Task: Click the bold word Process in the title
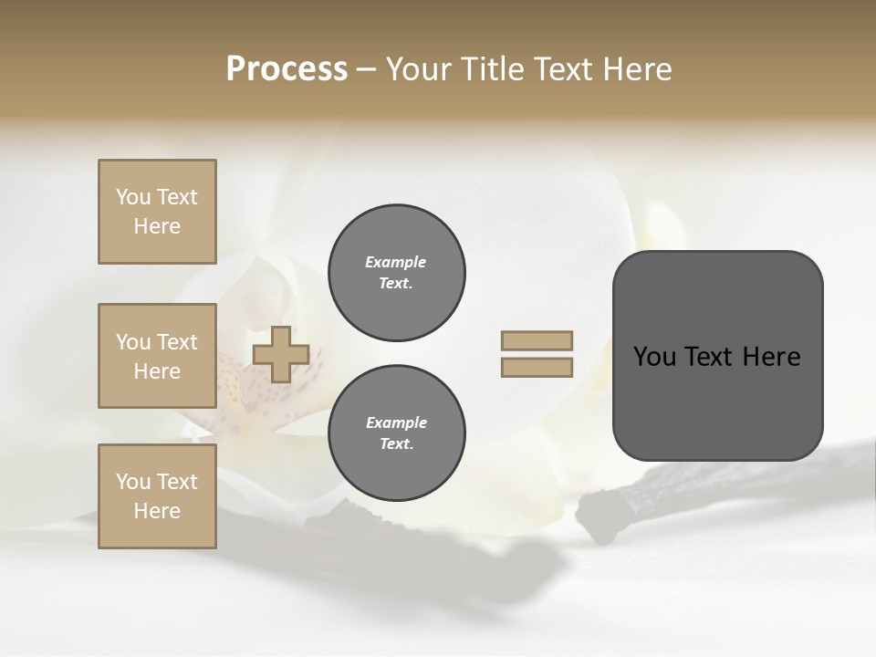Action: click(x=287, y=69)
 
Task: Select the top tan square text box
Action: click(x=157, y=212)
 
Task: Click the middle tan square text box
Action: click(x=157, y=356)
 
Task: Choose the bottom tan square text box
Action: click(x=157, y=496)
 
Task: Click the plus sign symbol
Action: click(x=281, y=354)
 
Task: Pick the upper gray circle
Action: click(x=397, y=273)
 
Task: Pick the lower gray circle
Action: click(x=397, y=433)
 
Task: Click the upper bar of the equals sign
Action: click(x=537, y=340)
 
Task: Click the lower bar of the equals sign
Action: click(x=537, y=368)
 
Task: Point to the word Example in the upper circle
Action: click(x=396, y=262)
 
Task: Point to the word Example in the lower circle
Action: click(x=396, y=422)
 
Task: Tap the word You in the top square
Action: click(x=132, y=197)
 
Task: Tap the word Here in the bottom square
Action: click(x=157, y=511)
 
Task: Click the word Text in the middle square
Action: click(x=177, y=342)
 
